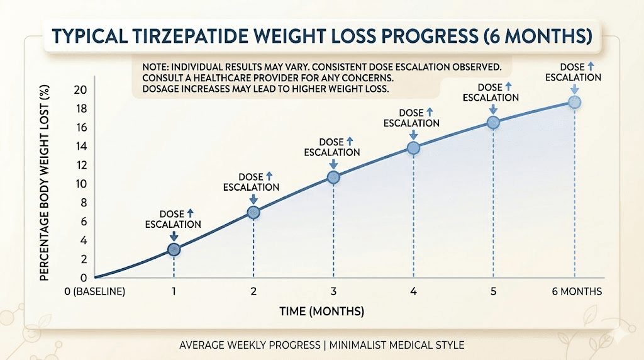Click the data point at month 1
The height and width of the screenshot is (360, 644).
click(x=174, y=249)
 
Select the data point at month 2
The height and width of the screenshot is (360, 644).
click(x=253, y=212)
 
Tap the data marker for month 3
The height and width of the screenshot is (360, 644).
click(x=333, y=177)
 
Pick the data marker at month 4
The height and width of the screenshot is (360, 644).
click(x=413, y=148)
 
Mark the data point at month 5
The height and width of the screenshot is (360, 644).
click(x=493, y=123)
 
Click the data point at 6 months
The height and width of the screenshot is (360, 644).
click(x=574, y=101)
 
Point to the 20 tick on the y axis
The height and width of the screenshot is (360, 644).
click(x=80, y=89)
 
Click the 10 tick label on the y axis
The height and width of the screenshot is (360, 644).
click(x=80, y=184)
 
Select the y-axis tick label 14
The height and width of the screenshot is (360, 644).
click(x=80, y=146)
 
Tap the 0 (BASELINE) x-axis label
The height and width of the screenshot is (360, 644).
click(x=94, y=291)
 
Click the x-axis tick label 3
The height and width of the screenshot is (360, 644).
click(x=333, y=291)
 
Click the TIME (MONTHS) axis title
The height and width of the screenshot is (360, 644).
click(x=322, y=312)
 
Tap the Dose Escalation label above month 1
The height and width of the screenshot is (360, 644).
click(x=173, y=219)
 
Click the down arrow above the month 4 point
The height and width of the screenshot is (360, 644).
click(x=413, y=135)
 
